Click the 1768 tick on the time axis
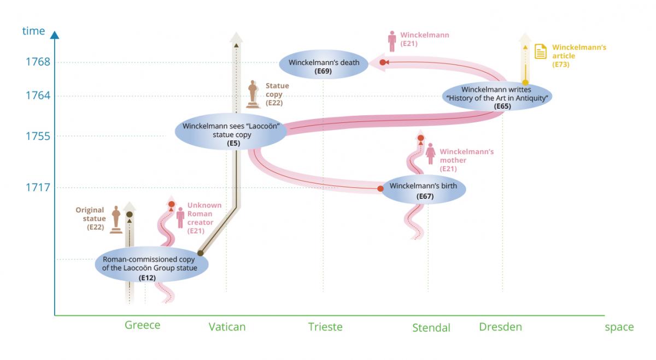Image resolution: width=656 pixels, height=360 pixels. coord(38,62)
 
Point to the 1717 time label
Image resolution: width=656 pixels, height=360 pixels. coord(38,187)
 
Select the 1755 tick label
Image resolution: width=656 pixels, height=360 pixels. coord(38,136)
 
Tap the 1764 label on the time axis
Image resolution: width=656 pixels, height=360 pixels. coord(38,96)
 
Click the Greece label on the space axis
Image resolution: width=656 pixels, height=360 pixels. coord(143,325)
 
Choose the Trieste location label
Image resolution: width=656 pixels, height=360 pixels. coord(325,327)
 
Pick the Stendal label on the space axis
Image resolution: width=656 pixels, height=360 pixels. coord(431,328)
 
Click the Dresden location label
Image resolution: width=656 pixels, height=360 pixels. coord(500,327)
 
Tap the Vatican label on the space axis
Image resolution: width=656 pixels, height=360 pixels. coord(227,327)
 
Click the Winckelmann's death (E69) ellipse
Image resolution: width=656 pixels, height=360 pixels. coord(324,65)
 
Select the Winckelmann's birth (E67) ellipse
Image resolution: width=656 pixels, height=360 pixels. coord(424,190)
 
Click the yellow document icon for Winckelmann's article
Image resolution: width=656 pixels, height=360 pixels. coord(541,52)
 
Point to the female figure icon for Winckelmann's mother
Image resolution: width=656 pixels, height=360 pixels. coord(431,154)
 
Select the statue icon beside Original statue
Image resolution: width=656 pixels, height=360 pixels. coord(116,219)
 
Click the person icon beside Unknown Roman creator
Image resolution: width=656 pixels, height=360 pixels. coord(180,217)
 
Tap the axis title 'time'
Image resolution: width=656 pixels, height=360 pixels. coord(33,31)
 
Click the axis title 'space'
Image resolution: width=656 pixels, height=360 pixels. coord(619,327)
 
